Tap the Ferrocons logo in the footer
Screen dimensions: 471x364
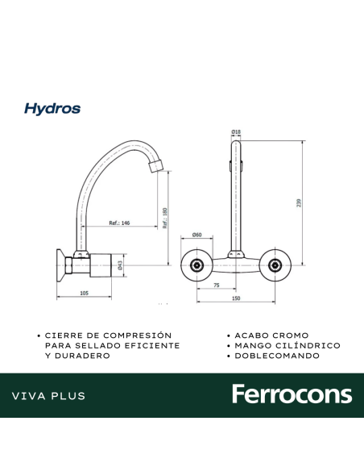click(292, 394)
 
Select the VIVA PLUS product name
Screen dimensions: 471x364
click(49, 396)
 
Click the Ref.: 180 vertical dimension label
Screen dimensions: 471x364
click(163, 219)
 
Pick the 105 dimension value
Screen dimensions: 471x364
click(85, 294)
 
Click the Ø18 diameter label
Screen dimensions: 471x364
click(237, 131)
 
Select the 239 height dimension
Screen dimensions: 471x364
click(300, 203)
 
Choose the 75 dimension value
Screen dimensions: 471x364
click(217, 285)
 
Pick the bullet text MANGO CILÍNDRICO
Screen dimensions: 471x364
click(287, 345)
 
